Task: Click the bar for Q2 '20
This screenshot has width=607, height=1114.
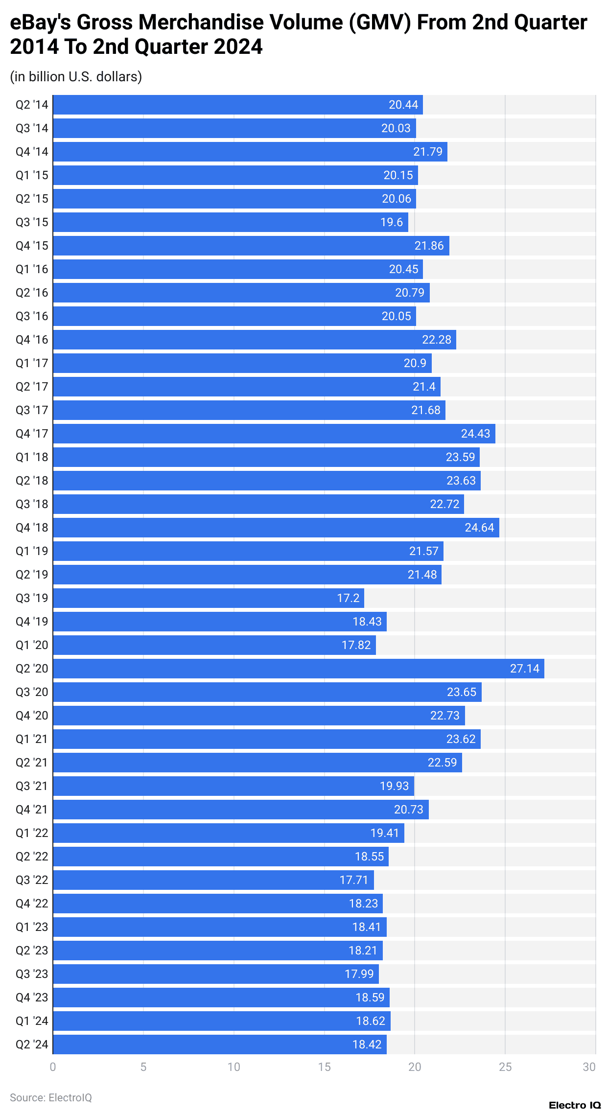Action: click(299, 669)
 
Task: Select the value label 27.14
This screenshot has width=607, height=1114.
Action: click(524, 669)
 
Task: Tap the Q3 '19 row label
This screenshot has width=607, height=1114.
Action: click(32, 598)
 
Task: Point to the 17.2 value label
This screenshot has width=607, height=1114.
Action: click(348, 598)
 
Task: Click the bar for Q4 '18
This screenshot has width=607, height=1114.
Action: click(276, 528)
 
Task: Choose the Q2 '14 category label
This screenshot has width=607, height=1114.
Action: click(32, 105)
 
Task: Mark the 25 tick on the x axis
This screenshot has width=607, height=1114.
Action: click(505, 1067)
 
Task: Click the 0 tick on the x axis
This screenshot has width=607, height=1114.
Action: click(53, 1067)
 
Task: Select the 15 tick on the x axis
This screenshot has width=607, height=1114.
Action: click(324, 1067)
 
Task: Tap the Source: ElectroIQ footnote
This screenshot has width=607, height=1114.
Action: click(51, 1097)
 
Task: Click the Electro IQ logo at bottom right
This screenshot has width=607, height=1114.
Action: click(574, 1105)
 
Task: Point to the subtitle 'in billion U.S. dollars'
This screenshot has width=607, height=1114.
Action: click(76, 77)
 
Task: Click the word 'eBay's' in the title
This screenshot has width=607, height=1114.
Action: click(40, 23)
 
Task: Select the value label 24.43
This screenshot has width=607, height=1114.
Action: click(475, 434)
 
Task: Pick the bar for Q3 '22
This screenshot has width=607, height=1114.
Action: click(213, 880)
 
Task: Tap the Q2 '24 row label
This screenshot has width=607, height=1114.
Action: click(32, 1044)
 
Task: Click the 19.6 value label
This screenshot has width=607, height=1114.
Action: click(392, 222)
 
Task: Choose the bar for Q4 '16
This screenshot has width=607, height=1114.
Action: click(255, 340)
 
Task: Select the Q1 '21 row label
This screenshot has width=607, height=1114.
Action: click(32, 739)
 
